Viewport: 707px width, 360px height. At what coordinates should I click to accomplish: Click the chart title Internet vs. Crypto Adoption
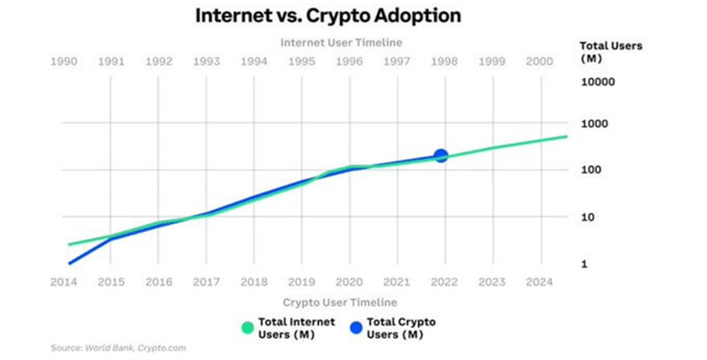tap(328, 16)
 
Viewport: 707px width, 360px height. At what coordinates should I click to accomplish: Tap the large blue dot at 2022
tap(440, 156)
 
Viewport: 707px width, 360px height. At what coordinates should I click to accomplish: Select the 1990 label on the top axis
tap(64, 61)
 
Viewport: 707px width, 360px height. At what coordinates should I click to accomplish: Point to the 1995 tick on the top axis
tap(302, 61)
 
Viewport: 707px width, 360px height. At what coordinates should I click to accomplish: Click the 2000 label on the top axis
tap(539, 61)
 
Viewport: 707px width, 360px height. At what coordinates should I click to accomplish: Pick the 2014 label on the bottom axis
tap(64, 282)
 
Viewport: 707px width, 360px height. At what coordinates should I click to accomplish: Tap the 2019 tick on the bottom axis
tap(302, 282)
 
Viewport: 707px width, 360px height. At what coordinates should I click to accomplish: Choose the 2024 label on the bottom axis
tap(539, 282)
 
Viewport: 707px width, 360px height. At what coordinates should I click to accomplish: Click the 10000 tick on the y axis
tap(598, 82)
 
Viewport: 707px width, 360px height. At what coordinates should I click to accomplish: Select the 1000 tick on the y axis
tap(594, 124)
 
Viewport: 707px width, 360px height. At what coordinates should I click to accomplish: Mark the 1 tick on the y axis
tap(584, 264)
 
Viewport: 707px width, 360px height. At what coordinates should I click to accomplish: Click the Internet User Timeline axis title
tap(342, 42)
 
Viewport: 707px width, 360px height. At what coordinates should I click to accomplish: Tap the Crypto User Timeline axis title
tap(340, 303)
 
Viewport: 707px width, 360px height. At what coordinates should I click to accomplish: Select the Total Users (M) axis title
tap(611, 52)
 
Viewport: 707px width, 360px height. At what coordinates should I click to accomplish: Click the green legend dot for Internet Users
tap(247, 328)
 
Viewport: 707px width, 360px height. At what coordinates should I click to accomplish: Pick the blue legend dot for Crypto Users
tap(356, 328)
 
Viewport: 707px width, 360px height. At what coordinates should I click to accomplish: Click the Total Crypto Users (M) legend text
tap(401, 328)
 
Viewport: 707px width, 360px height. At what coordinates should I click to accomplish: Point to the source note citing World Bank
tap(118, 348)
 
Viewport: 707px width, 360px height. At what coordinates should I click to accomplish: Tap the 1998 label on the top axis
tap(444, 61)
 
